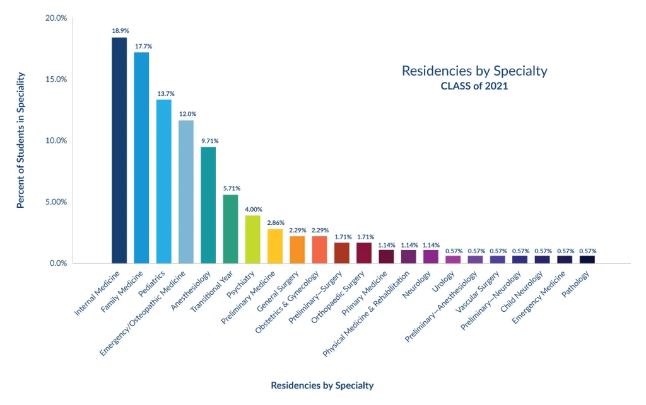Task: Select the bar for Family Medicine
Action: [x=141, y=157]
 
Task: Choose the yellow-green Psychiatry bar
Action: [x=253, y=239]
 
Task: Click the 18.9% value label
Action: [x=119, y=30]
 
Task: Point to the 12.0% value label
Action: [x=187, y=114]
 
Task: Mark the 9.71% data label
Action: [x=209, y=141]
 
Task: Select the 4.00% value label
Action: [x=254, y=209]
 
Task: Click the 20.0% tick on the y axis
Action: [x=56, y=18]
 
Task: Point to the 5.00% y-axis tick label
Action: [x=56, y=202]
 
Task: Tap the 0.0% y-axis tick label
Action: [x=57, y=263]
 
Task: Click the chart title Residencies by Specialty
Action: [x=474, y=71]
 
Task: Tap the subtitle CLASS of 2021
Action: [x=474, y=86]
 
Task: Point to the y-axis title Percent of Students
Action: [x=20, y=140]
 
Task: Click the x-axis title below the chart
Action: [x=322, y=385]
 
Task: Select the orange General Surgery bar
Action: [x=298, y=249]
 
